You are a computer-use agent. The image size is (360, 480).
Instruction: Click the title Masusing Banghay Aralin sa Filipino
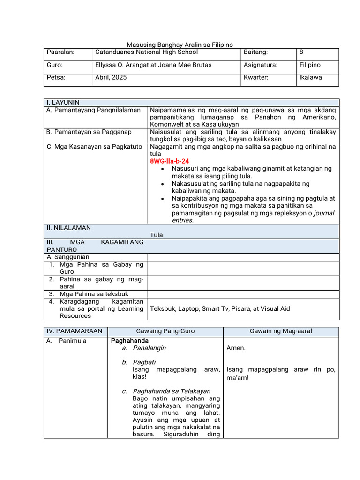click(x=180, y=45)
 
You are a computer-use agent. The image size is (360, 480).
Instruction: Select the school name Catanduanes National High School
click(x=146, y=52)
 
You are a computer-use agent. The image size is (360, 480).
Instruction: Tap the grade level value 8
click(x=301, y=52)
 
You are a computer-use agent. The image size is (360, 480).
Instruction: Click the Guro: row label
click(x=54, y=65)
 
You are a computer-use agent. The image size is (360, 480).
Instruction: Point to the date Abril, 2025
click(x=111, y=78)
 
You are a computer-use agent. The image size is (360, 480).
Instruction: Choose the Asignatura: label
click(x=260, y=65)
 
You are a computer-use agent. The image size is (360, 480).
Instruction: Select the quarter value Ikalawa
click(x=310, y=78)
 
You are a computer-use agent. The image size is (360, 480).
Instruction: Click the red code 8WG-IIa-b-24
click(x=169, y=161)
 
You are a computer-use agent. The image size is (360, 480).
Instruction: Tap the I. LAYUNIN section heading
click(x=62, y=102)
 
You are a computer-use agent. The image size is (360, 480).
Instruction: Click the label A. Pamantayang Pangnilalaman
click(x=93, y=110)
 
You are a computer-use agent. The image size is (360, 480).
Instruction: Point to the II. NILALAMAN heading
click(x=68, y=228)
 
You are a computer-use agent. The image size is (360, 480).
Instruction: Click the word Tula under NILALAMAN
click(x=156, y=235)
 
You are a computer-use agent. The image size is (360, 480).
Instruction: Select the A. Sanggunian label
click(x=67, y=257)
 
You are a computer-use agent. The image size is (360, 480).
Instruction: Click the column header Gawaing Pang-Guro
click(x=165, y=331)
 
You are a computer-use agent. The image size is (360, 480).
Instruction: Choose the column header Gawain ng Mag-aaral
click(x=281, y=331)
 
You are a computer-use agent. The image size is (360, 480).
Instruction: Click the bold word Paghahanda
click(x=129, y=341)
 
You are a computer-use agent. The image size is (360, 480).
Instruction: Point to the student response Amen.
click(x=235, y=348)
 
